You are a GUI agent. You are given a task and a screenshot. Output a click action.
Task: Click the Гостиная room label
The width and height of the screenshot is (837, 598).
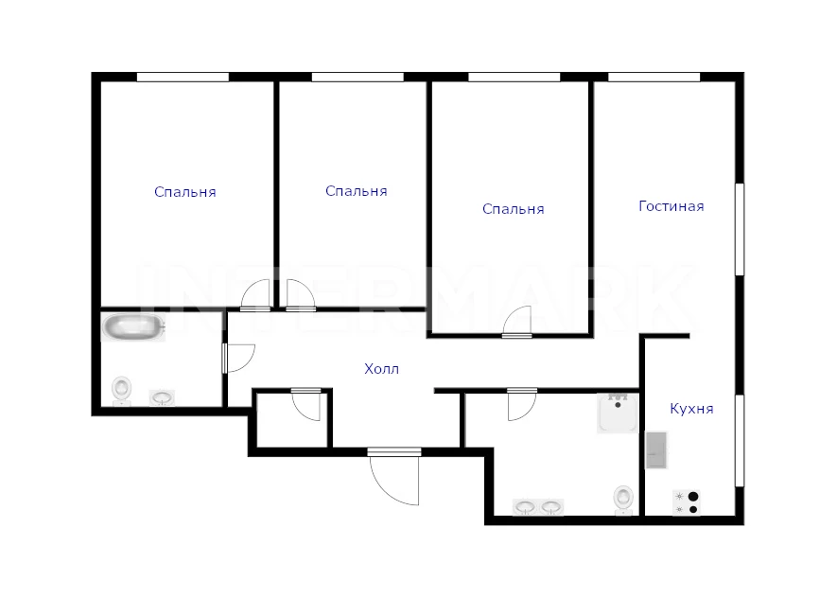coord(671,206)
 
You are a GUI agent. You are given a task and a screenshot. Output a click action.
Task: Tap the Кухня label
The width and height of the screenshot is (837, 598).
coord(691,409)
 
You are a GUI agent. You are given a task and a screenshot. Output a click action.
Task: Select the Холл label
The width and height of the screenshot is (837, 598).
coord(382,369)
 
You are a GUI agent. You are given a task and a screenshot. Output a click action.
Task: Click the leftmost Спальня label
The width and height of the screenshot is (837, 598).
coord(185,192)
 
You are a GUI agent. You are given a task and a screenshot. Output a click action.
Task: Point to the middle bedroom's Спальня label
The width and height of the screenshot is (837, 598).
coord(356,191)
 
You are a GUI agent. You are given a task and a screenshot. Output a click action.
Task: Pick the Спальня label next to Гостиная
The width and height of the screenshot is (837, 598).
coord(513,209)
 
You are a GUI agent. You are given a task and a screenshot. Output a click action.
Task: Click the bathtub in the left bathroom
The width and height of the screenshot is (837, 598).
coord(133,326)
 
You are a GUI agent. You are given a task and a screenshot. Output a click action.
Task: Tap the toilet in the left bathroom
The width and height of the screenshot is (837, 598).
coord(122,390)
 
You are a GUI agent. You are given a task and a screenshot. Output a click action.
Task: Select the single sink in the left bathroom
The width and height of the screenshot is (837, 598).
coord(162,397)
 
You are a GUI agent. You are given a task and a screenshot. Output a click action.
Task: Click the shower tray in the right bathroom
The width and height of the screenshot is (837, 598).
coord(617,413)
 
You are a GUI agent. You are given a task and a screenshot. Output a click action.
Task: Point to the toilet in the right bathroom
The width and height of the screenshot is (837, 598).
coord(623,500)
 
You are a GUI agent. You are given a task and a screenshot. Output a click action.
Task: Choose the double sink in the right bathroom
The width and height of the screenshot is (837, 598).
coord(538,507)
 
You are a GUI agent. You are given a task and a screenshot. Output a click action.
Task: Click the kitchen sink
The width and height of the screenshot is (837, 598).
coord(656,450)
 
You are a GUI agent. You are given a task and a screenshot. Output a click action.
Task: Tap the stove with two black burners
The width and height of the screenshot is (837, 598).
coord(687,503)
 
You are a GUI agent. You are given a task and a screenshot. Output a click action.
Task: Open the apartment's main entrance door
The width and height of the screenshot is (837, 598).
coord(394,477)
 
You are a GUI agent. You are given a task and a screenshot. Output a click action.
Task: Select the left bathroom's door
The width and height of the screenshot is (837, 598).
coord(238,359)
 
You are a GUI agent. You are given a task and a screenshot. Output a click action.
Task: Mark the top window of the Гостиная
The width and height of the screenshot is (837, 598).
coord(654,78)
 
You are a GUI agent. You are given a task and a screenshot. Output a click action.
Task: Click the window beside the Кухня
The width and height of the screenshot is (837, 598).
coord(740,441)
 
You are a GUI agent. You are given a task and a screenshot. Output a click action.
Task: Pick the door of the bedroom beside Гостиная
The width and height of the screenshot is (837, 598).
coord(517,322)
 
